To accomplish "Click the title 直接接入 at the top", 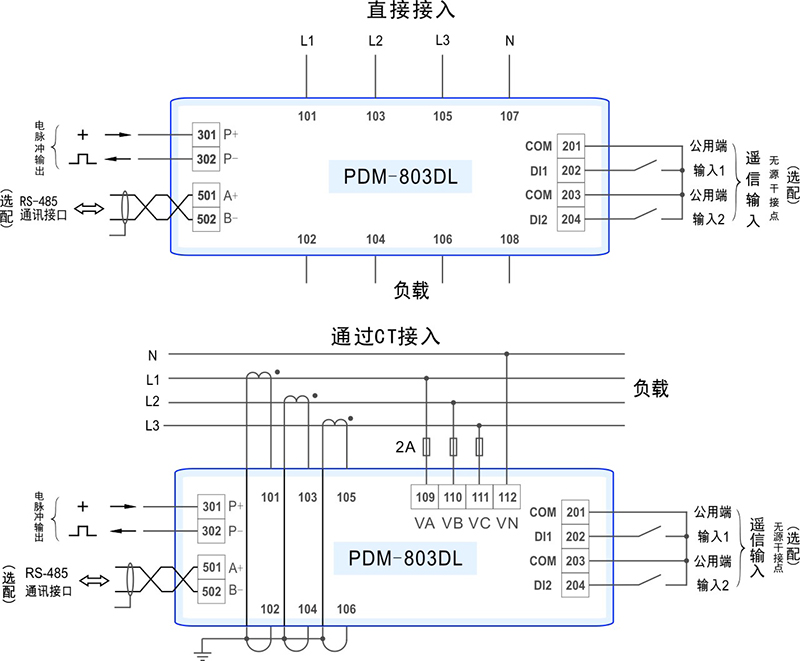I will pyautogui.click(x=400, y=12).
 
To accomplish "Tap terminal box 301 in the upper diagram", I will pyautogui.click(x=206, y=134).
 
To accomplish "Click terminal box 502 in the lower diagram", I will pyautogui.click(x=212, y=591).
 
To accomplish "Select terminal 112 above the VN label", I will pyautogui.click(x=507, y=497).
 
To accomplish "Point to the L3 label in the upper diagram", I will pyautogui.click(x=442, y=41).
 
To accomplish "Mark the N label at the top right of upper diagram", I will pyautogui.click(x=510, y=41).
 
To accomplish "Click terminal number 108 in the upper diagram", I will pyautogui.click(x=509, y=240).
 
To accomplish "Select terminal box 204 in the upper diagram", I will pyautogui.click(x=571, y=219).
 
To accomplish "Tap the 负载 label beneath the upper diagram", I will pyautogui.click(x=411, y=291).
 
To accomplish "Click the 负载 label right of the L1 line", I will pyautogui.click(x=651, y=388).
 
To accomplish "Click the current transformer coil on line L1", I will pyautogui.click(x=259, y=375).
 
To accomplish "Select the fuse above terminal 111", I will pyautogui.click(x=480, y=446).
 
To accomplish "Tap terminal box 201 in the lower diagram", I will pyautogui.click(x=575, y=513).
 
